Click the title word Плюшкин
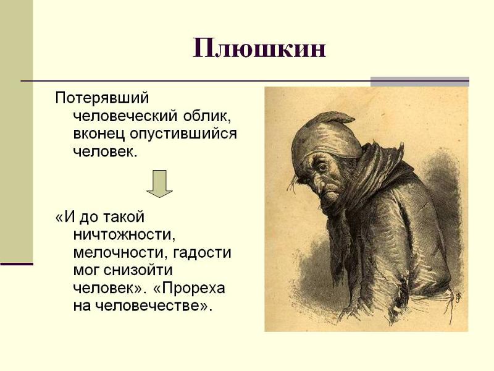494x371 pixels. click(x=259, y=48)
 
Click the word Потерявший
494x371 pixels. click(x=102, y=98)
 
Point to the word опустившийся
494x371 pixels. click(x=183, y=134)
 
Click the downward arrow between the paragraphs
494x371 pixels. click(x=160, y=184)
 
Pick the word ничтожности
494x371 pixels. click(x=124, y=235)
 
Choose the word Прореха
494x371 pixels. click(x=189, y=288)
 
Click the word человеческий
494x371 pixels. click(x=126, y=116)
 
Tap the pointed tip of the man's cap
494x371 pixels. click(x=354, y=119)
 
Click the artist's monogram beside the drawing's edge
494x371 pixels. click(x=458, y=297)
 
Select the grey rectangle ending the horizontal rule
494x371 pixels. click(x=420, y=82)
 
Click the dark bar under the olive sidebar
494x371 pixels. click(x=17, y=264)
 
